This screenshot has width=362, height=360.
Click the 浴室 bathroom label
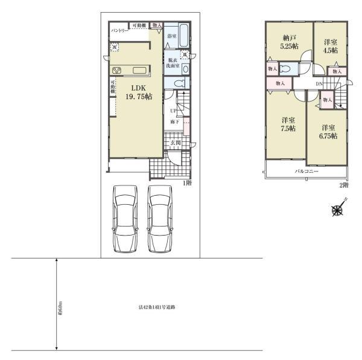click(172, 36)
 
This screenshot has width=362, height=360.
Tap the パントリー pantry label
click(118, 30)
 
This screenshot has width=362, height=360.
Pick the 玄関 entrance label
click(174, 143)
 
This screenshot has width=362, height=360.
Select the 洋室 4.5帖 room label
click(329, 46)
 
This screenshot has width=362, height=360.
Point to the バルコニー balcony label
click(306, 172)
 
